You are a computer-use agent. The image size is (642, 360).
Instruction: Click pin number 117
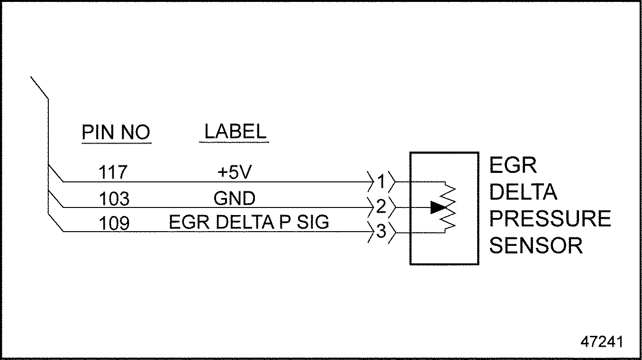[114, 172]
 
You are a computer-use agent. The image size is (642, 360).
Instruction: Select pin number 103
[114, 198]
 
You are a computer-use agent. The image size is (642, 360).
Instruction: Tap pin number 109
[114, 223]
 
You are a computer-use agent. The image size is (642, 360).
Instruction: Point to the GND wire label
[234, 198]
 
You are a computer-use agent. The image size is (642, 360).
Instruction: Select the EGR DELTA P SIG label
[249, 223]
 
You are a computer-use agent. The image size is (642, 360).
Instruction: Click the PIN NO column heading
[116, 133]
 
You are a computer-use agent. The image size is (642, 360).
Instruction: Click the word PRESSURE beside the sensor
[550, 219]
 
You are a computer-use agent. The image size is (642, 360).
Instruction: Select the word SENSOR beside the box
[535, 246]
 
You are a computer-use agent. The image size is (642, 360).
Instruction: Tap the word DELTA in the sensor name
[523, 192]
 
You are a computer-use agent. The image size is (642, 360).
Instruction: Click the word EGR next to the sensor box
[513, 166]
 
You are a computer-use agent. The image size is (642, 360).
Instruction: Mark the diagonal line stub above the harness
[39, 88]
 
